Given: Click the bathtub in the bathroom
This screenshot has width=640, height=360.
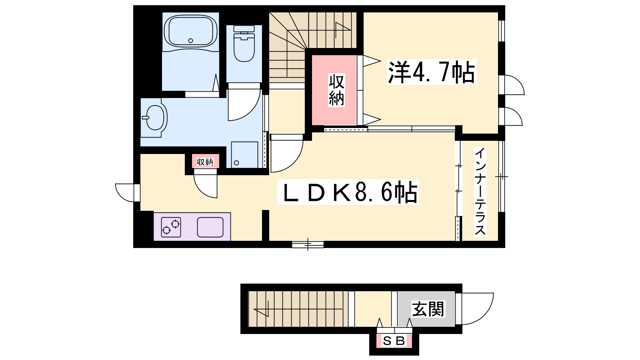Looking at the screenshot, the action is tap(190, 31).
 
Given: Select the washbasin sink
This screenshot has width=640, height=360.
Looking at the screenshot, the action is tap(156, 118).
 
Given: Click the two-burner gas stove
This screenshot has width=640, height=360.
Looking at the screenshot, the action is tap(171, 227).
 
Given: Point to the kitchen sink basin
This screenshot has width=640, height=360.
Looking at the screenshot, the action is tap(210, 227).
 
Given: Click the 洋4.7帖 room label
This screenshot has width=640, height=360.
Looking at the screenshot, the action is tap(432, 72).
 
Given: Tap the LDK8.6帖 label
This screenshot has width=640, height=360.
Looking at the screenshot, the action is tap(348, 192).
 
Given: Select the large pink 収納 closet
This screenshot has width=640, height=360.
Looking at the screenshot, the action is tap(334, 90).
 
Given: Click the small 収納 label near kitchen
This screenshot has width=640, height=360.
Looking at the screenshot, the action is tap(205, 162).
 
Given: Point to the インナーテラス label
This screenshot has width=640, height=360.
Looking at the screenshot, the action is tap(480, 192).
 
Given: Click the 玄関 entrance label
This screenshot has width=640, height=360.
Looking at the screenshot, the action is tap(428, 309).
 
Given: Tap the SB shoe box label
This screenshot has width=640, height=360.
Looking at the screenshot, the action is tap(394, 341).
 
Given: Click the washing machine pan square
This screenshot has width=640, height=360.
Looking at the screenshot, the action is tap(244, 155).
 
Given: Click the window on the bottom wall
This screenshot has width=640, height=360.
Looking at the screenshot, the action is tap(308, 244).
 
